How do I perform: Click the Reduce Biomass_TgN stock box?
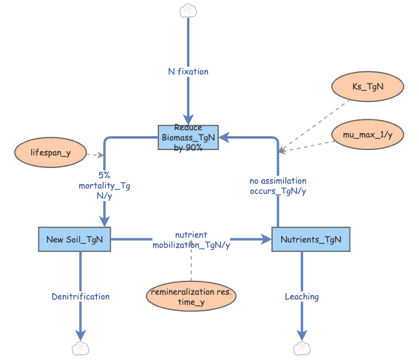pos(188,137)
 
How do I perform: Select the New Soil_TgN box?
pos(74,239)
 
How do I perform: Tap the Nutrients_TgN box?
pos(311,239)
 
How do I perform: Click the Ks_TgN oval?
pos(366,86)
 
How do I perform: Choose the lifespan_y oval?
pos(50,152)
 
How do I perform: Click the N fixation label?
pos(188,71)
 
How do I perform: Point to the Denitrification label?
pos(80,296)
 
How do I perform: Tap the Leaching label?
pos(302,296)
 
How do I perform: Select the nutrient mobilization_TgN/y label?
pos(191,240)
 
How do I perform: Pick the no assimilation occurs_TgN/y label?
pos(278,186)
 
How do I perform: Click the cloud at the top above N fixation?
pos(188,10)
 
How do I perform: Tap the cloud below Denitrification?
pos(80,349)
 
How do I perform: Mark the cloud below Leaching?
pos(301,349)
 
